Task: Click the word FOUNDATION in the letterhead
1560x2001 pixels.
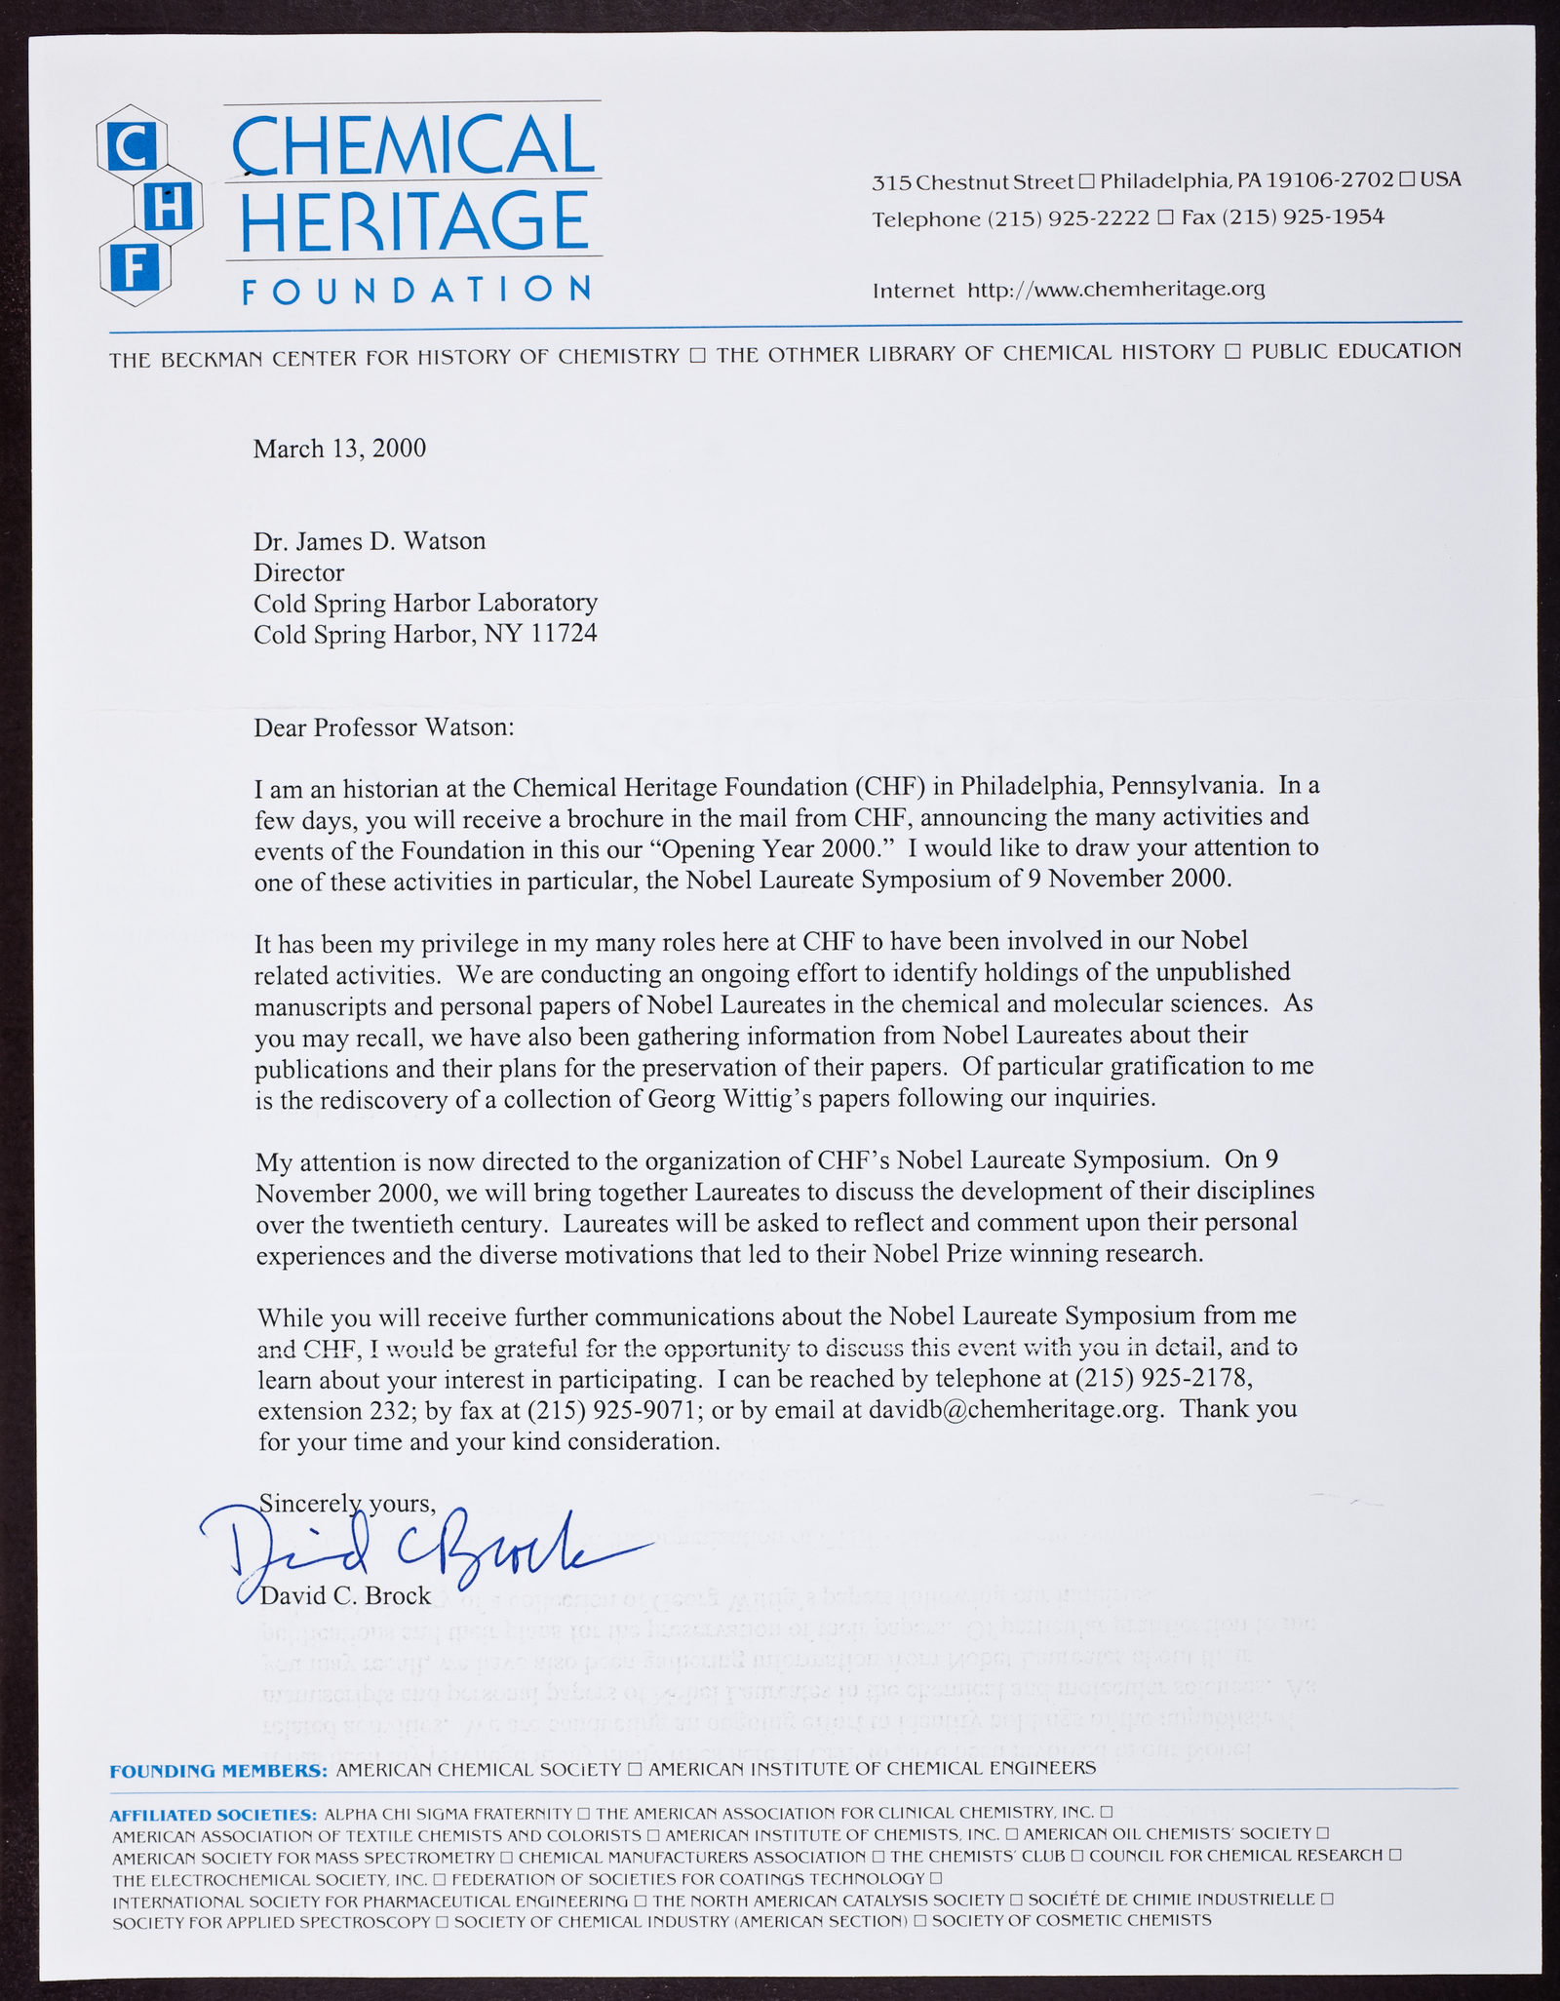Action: pos(415,289)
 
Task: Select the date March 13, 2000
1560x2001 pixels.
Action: pos(339,449)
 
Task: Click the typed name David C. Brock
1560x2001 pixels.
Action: pos(345,1595)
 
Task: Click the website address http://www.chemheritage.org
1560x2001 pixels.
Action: pos(1115,290)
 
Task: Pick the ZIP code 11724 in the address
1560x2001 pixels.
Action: pos(564,635)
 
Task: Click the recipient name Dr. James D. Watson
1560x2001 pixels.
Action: pos(370,541)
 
